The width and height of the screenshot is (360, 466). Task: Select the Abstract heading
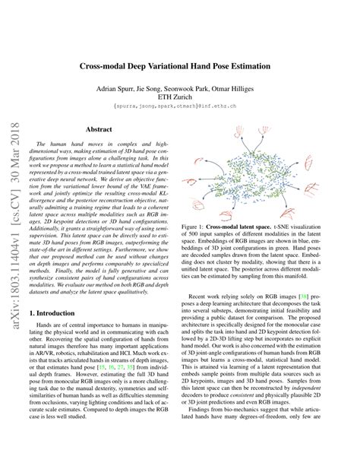pyautogui.click(x=99, y=130)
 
